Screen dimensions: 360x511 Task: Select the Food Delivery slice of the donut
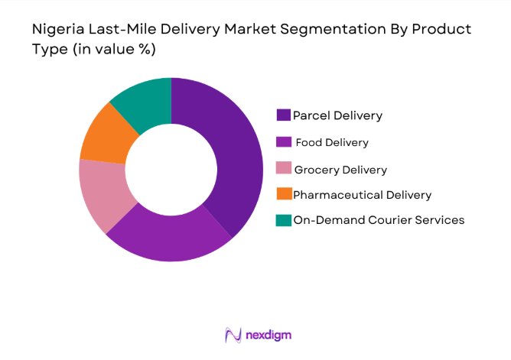[168, 238]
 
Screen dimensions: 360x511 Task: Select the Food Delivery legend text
[333, 142]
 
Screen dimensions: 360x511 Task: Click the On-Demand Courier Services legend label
[379, 220]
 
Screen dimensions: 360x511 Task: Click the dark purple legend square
[283, 115]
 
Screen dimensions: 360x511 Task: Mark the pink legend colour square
[283, 169]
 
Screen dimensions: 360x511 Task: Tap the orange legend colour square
[283, 195]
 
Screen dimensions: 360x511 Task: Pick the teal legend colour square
[283, 220]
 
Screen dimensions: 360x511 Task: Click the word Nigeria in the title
[57, 30]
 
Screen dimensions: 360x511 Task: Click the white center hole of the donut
[171, 170]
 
